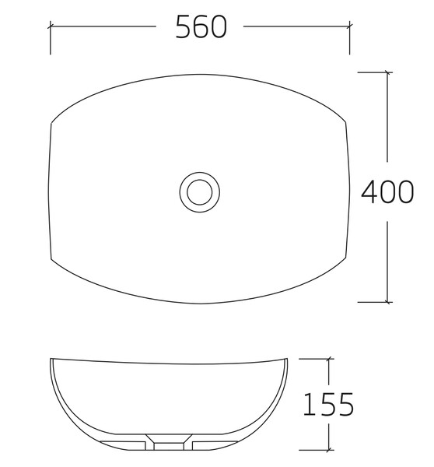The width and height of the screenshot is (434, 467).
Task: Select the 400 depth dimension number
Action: click(387, 191)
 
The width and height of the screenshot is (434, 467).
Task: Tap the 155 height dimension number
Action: click(328, 405)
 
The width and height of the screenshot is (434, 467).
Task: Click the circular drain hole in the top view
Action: click(200, 191)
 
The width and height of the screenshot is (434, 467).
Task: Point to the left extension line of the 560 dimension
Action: click(51, 39)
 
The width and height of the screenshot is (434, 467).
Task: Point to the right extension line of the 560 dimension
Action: click(350, 39)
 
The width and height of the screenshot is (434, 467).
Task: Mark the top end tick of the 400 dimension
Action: click(387, 72)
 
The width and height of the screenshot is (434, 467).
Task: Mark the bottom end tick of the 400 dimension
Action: click(387, 302)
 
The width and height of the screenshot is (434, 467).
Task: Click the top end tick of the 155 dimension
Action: click(328, 359)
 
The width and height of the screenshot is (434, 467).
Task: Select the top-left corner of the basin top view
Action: click(51, 123)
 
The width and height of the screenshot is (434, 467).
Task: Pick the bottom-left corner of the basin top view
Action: click(51, 259)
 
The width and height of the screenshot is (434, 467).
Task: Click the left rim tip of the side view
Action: click(51, 360)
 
